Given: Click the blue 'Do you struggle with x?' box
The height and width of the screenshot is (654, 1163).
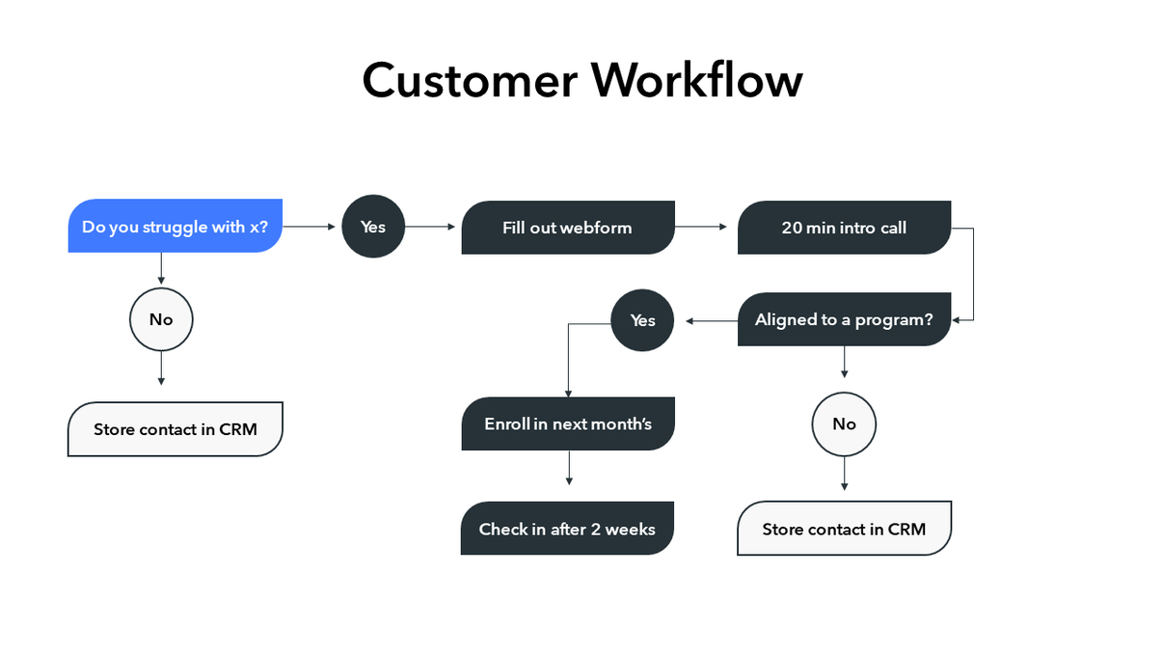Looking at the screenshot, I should (175, 227).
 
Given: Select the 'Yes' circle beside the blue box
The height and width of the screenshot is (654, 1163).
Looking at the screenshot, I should (373, 227).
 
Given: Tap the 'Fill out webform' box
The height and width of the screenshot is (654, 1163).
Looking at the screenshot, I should (567, 228).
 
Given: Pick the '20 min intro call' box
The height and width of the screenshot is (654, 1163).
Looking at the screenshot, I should (844, 228).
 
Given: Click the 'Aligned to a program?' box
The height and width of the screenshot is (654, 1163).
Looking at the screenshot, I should (844, 320).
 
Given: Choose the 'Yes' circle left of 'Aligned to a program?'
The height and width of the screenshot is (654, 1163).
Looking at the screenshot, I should (642, 320).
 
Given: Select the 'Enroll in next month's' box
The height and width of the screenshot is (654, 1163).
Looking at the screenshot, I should (567, 424).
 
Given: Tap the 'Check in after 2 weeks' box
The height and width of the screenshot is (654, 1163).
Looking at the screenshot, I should (567, 529).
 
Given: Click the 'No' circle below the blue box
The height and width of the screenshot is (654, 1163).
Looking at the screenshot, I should (161, 319).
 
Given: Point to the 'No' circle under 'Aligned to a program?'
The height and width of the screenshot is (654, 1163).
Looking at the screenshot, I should (844, 424).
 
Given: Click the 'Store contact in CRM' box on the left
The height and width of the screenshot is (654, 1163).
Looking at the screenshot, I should (175, 429).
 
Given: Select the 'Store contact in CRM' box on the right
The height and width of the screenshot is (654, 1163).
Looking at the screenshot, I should (844, 529).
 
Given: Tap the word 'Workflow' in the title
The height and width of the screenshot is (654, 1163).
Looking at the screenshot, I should (696, 80).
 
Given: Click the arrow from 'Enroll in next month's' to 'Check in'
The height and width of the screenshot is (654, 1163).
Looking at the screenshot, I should (569, 468).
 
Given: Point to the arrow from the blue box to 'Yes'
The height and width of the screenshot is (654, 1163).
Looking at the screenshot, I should (311, 227).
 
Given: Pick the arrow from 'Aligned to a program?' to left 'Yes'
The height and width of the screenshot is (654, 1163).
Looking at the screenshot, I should (712, 320).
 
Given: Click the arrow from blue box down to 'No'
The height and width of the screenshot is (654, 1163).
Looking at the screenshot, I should (161, 268).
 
